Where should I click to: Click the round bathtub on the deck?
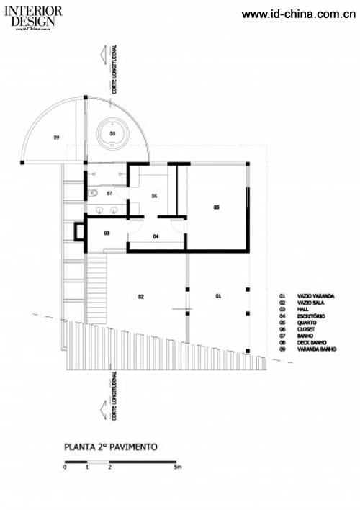[x=113, y=134]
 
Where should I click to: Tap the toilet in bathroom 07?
[x=95, y=194]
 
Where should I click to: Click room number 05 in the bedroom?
[x=216, y=207]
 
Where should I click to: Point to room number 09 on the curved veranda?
[x=55, y=136]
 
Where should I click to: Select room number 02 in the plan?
[x=142, y=296]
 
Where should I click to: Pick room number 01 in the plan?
[x=218, y=296]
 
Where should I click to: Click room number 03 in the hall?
[x=107, y=233]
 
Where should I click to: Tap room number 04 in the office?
[x=156, y=236]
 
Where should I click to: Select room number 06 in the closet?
[x=154, y=195]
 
